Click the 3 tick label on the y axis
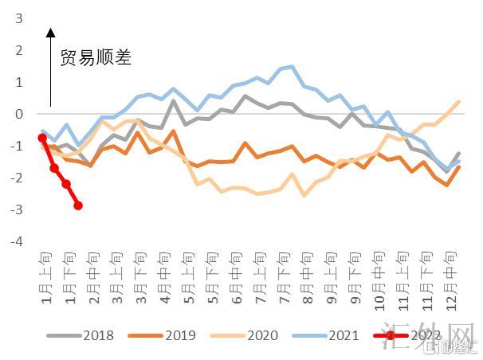pos(18,18)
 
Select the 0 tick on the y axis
pos(18,114)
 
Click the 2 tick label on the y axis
pos(18,50)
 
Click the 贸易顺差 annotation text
pos(96,57)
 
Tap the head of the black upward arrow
pos(51,33)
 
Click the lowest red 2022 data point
pos(78,205)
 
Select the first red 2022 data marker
pos(42,138)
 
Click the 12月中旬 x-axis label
pos(453,276)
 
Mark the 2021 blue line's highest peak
pos(292,67)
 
